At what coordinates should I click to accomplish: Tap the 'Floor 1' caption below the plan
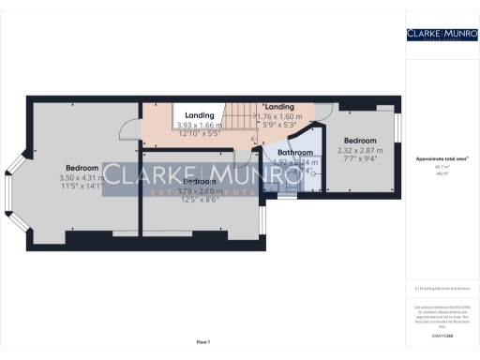[x=202, y=342]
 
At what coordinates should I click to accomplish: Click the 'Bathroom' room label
[x=293, y=152]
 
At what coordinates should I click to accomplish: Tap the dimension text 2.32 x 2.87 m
[x=363, y=150]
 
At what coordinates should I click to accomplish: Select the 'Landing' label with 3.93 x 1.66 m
[x=199, y=115]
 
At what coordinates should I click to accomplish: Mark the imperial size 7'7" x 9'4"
[x=363, y=159]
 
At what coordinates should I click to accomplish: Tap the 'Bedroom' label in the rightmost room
[x=363, y=140]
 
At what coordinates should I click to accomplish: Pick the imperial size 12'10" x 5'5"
[x=199, y=134]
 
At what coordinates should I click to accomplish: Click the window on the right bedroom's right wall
[x=397, y=126]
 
